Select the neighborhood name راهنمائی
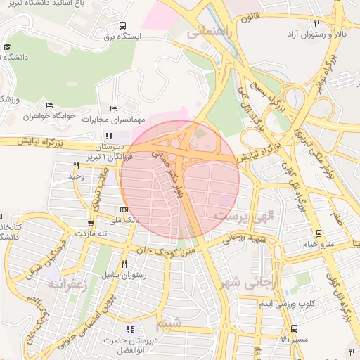206,32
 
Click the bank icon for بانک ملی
124,209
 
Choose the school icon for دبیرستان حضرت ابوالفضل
129,329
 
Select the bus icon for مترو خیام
319,233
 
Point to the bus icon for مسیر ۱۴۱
293,328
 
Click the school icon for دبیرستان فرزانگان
108,136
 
